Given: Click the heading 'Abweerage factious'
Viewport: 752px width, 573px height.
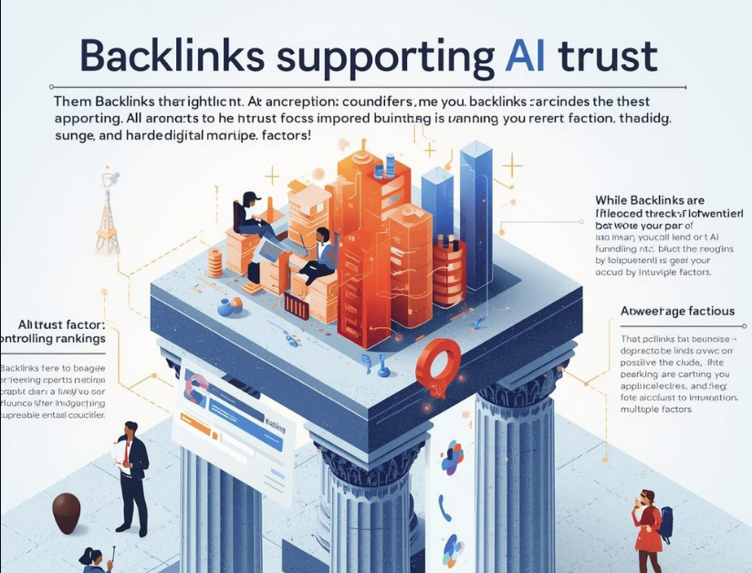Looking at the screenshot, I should [x=677, y=311].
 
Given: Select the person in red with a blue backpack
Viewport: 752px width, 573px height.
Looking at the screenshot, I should [x=648, y=529].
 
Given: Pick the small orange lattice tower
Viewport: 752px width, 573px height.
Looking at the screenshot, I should [x=108, y=218].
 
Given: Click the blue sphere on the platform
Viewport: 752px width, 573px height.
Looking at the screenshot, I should [x=225, y=309].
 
